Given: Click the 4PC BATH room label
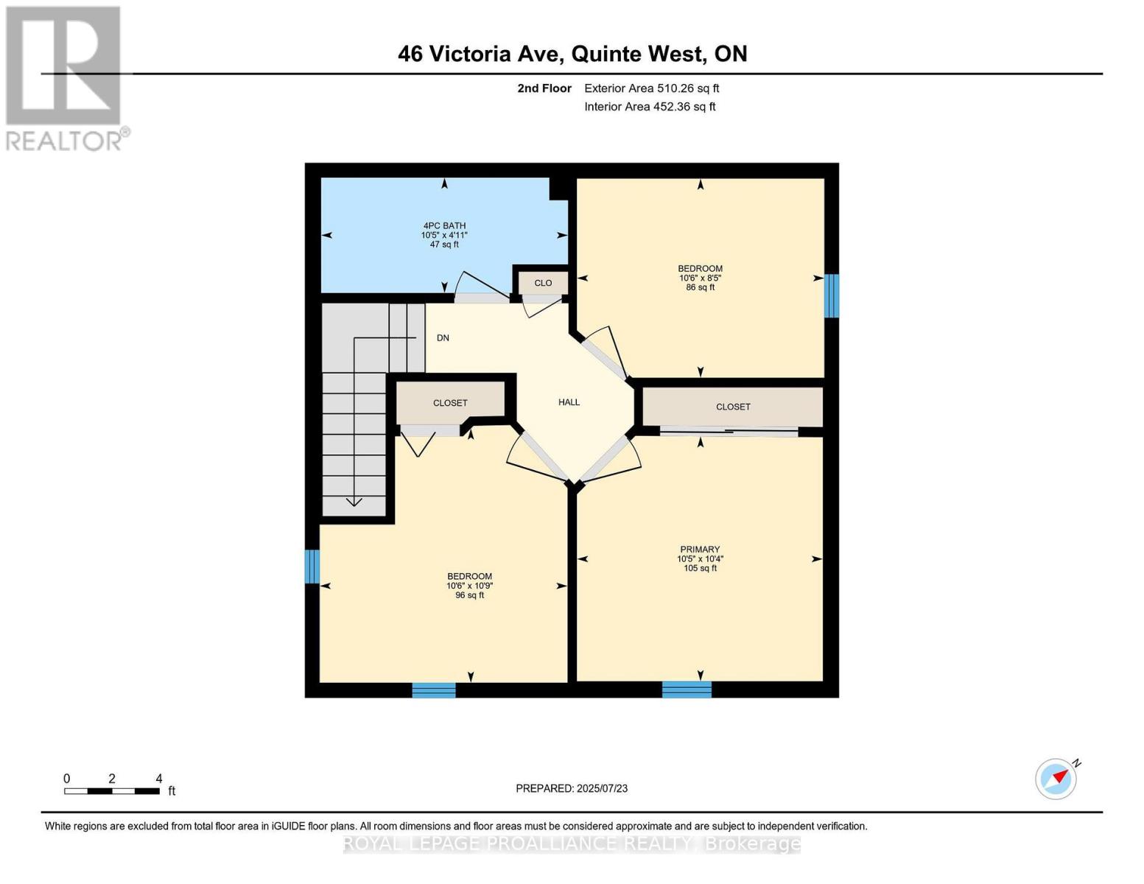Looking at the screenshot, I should point(444,225).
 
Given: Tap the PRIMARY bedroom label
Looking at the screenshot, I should point(700,549).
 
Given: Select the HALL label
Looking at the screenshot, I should point(569,402).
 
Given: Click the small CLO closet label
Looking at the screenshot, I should point(543,283).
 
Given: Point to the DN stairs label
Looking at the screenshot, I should point(443,338).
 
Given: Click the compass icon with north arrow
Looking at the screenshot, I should point(1056,778).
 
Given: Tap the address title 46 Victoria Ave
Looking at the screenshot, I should point(572,54).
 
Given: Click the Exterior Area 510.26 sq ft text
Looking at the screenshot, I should point(651,88).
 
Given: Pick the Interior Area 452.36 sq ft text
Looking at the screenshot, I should point(650,107).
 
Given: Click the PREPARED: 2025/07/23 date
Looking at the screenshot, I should point(572,788).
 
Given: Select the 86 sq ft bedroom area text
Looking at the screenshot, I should point(700,287).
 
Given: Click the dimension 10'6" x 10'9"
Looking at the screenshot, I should point(469,586).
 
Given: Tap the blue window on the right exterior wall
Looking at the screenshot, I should point(831,295).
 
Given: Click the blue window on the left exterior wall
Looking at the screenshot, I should point(312,566).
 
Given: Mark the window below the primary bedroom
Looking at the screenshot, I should point(687,690).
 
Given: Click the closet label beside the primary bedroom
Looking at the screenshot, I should point(733,407).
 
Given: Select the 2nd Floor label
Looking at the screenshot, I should point(544,88).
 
